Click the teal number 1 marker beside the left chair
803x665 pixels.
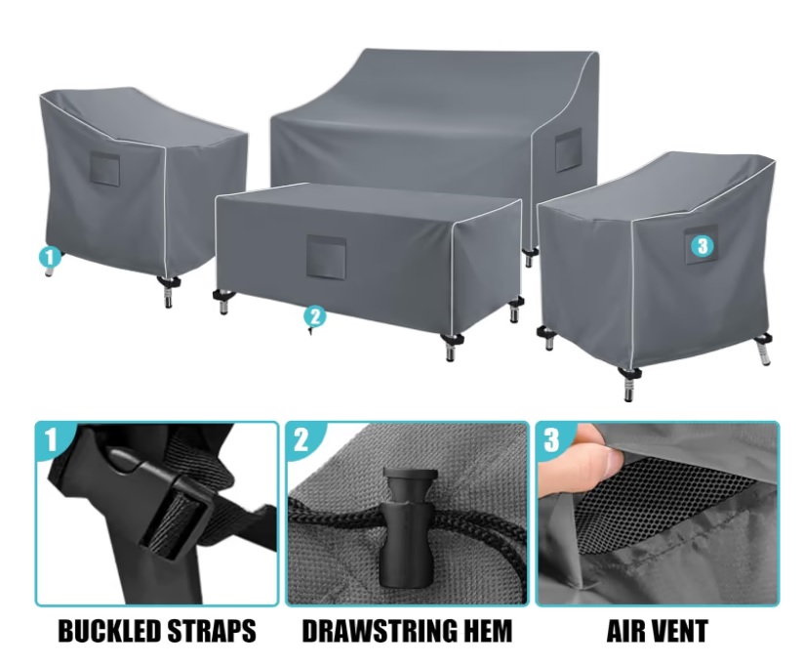49,257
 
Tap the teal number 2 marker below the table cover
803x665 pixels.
314,316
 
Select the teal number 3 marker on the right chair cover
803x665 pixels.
703,246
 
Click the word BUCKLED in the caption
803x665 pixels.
112,630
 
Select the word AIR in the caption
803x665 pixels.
624,630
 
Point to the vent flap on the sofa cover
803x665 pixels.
569,149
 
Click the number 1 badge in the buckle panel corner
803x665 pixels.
51,439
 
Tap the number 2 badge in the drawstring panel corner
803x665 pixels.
301,439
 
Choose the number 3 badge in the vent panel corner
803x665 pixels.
551,439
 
